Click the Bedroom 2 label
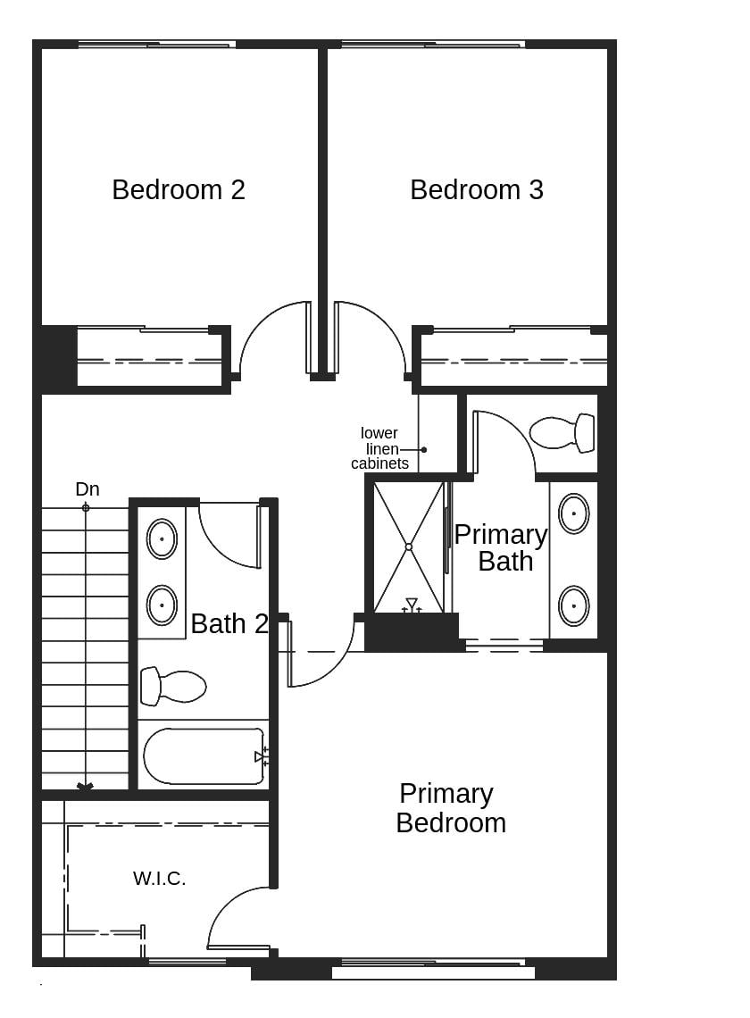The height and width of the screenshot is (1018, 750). pyautogui.click(x=179, y=189)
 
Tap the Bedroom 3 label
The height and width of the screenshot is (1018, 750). pyautogui.click(x=477, y=189)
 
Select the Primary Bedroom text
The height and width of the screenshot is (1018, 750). pyautogui.click(x=449, y=808)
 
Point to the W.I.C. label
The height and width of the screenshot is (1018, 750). pyautogui.click(x=160, y=879)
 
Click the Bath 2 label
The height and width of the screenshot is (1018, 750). pyautogui.click(x=229, y=623)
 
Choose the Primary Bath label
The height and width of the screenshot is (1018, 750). pyautogui.click(x=501, y=547)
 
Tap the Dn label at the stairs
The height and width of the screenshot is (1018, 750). pyautogui.click(x=87, y=489)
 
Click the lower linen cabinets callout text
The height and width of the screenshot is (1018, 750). pyautogui.click(x=379, y=448)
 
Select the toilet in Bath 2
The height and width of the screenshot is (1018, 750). pyautogui.click(x=173, y=686)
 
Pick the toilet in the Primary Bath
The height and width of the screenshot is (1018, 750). pyautogui.click(x=562, y=432)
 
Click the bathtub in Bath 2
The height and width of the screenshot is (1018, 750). pyautogui.click(x=204, y=756)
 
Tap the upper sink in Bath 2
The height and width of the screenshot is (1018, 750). pyautogui.click(x=162, y=538)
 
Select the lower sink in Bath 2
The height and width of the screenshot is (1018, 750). pyautogui.click(x=162, y=605)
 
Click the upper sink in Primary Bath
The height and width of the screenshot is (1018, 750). pyautogui.click(x=573, y=513)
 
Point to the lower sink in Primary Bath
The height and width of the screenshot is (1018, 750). pyautogui.click(x=573, y=605)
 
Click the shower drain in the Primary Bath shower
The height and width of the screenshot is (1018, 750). pyautogui.click(x=408, y=547)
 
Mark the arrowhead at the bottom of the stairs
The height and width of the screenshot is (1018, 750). pyautogui.click(x=86, y=787)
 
